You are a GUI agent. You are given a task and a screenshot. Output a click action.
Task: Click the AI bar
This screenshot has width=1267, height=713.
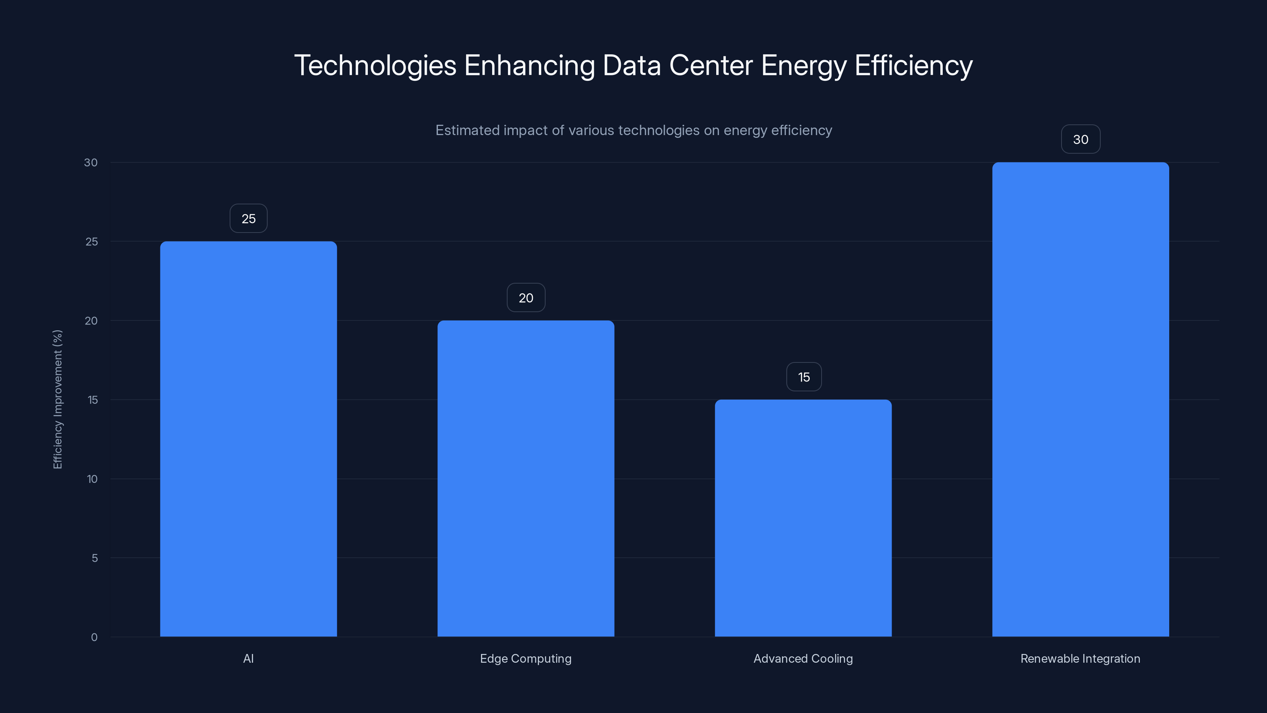[248, 438]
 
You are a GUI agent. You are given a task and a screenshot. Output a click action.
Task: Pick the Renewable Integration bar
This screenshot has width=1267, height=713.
[1081, 399]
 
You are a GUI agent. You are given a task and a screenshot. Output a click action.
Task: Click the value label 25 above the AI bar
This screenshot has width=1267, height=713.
[248, 219]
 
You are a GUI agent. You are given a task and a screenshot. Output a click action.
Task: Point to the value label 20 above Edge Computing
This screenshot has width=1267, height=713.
[526, 298]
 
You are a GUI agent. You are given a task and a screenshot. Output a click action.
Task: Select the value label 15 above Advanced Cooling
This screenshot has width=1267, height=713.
[804, 377]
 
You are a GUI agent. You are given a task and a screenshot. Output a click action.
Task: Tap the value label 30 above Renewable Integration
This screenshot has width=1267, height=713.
[1081, 139]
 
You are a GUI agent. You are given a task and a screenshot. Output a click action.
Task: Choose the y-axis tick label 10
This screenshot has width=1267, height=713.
[92, 479]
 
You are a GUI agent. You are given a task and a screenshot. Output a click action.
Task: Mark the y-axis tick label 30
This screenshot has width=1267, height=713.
[91, 162]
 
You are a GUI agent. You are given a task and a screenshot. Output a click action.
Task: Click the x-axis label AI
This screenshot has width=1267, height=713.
[248, 658]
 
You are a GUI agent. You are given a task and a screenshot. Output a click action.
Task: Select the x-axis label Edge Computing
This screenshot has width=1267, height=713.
[526, 658]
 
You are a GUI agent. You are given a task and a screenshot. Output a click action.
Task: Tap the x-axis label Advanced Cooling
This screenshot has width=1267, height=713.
[803, 658]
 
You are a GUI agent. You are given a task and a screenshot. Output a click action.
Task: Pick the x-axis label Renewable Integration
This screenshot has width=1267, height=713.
[1080, 658]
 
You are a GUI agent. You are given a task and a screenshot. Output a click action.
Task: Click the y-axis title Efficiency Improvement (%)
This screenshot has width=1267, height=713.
[57, 399]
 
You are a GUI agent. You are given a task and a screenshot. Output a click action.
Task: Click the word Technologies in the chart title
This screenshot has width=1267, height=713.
[375, 65]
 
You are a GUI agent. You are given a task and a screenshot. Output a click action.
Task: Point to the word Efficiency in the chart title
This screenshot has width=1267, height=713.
[913, 65]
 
